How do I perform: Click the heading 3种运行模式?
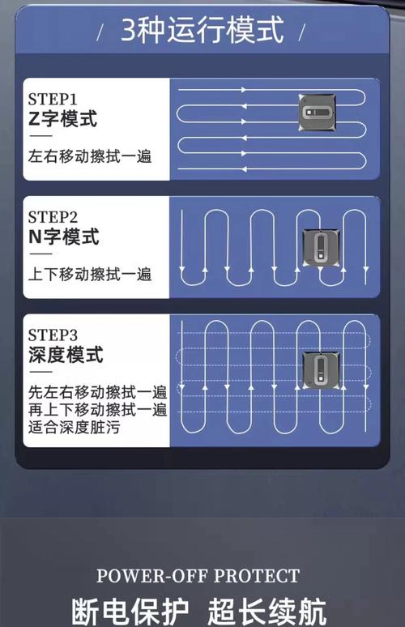coord(202,32)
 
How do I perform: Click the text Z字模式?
coord(62,119)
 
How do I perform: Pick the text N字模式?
coord(63,237)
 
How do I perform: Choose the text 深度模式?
coord(66,355)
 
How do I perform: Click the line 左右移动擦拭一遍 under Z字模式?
coord(90,156)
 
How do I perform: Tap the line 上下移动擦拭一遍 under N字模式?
coord(90,274)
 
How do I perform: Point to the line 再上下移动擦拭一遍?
coord(97,409)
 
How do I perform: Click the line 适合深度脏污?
coord(74,427)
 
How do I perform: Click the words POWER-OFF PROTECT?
coord(198,577)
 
